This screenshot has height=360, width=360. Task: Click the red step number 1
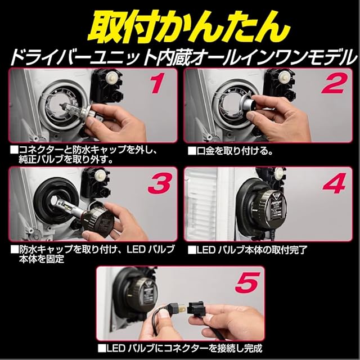tap(157, 83)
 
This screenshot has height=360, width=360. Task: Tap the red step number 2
tap(334, 83)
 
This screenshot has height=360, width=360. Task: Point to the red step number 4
tap(335, 183)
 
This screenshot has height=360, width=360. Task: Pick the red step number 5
tap(247, 282)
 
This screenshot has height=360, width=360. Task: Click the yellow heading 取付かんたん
tap(189, 28)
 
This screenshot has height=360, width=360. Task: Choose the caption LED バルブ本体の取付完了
tap(247, 250)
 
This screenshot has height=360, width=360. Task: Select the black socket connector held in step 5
tap(198, 309)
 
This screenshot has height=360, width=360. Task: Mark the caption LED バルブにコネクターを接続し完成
tap(180, 348)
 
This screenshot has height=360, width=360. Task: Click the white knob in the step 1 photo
tap(111, 76)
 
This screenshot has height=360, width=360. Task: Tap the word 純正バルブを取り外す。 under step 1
tap(65, 160)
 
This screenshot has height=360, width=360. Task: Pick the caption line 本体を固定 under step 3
tap(41, 259)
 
